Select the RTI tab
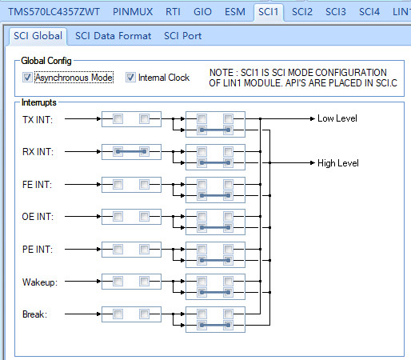pos(173,12)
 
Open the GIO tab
pos(202,12)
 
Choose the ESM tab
pos(234,12)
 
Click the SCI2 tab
pos(302,12)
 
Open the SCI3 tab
pos(336,12)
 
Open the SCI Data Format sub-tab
pos(113,36)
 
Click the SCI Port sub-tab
pos(183,36)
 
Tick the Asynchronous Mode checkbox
pos(28,78)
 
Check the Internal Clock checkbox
pos(131,78)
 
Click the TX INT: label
pos(38,119)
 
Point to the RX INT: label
pos(38,152)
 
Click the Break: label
pos(34,314)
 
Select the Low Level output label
pos(337,119)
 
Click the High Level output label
pos(337,162)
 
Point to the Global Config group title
pos(46,60)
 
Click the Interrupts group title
pos(38,102)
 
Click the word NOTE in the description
pos(221,73)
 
